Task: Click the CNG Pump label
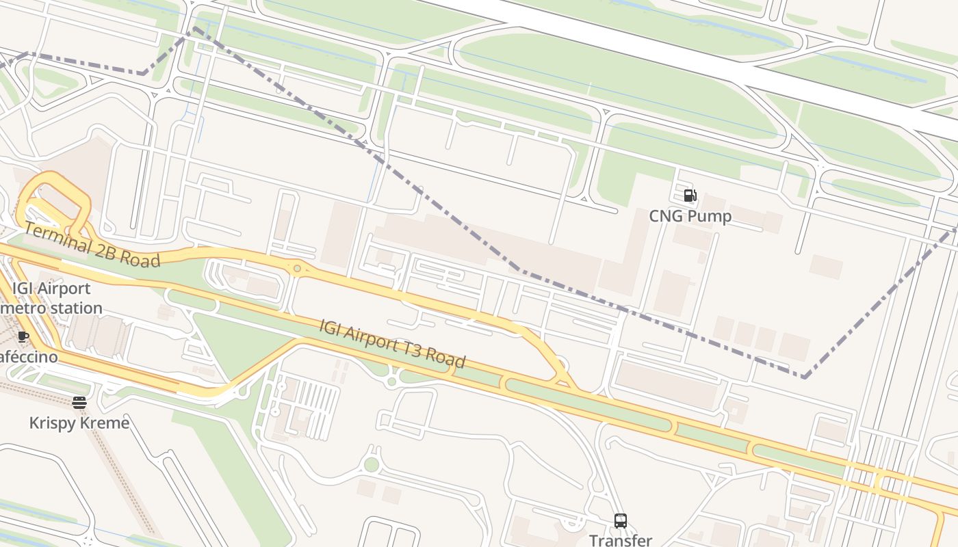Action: point(690,216)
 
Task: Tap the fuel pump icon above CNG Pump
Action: point(690,196)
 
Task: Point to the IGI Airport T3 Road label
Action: point(392,343)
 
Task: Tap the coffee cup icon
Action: point(23,336)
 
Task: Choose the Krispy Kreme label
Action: point(79,423)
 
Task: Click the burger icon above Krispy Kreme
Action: point(79,402)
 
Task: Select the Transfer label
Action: point(620,539)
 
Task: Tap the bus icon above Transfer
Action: point(620,520)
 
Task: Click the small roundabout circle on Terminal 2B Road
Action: point(297,269)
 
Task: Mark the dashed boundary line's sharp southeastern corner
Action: point(805,377)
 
